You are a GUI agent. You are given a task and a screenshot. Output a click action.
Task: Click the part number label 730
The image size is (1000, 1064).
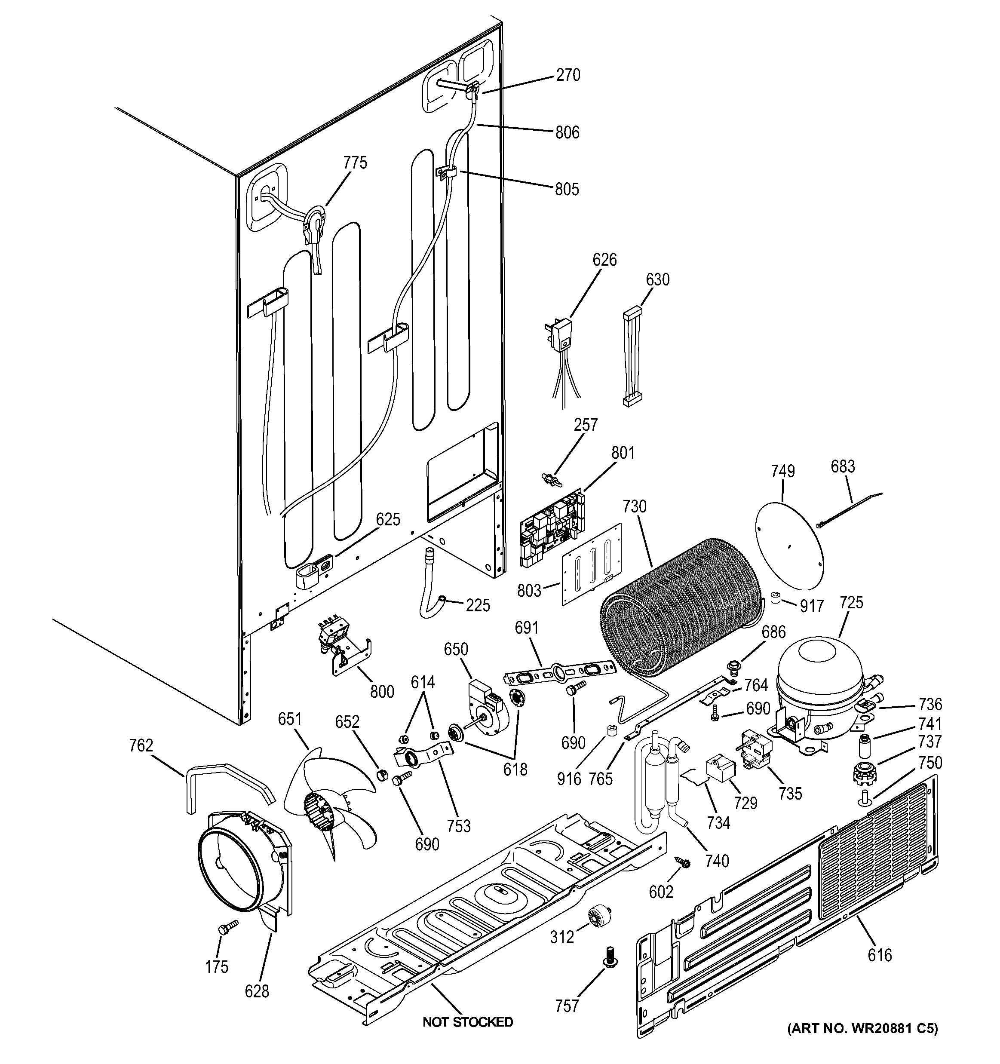[635, 506]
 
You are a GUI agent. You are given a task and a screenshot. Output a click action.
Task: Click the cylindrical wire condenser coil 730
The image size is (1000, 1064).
[683, 605]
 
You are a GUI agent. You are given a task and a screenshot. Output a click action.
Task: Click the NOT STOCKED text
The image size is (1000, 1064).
[467, 1022]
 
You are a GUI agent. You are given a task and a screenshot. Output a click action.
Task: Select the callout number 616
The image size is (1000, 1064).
[880, 954]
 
